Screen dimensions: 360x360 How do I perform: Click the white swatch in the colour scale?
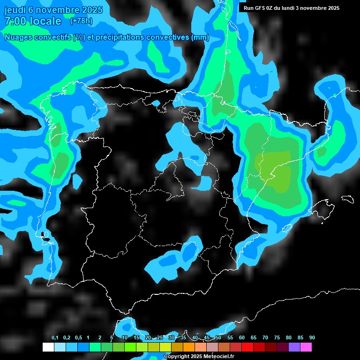tap(48, 347)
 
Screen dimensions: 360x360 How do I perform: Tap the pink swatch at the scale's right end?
tap(306, 347)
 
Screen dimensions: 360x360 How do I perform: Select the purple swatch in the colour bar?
tap(294, 347)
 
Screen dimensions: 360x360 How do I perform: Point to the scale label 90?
tap(312, 337)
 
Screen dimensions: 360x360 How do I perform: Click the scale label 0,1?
tap(55, 337)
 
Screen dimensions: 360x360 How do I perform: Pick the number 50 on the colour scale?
tap(218, 337)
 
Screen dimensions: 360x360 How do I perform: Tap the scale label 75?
tap(277, 337)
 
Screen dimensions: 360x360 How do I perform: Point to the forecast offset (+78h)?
tap(81, 21)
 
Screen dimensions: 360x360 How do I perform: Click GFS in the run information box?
tap(260, 8)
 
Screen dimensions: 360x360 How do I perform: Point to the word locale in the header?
tap(46, 21)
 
